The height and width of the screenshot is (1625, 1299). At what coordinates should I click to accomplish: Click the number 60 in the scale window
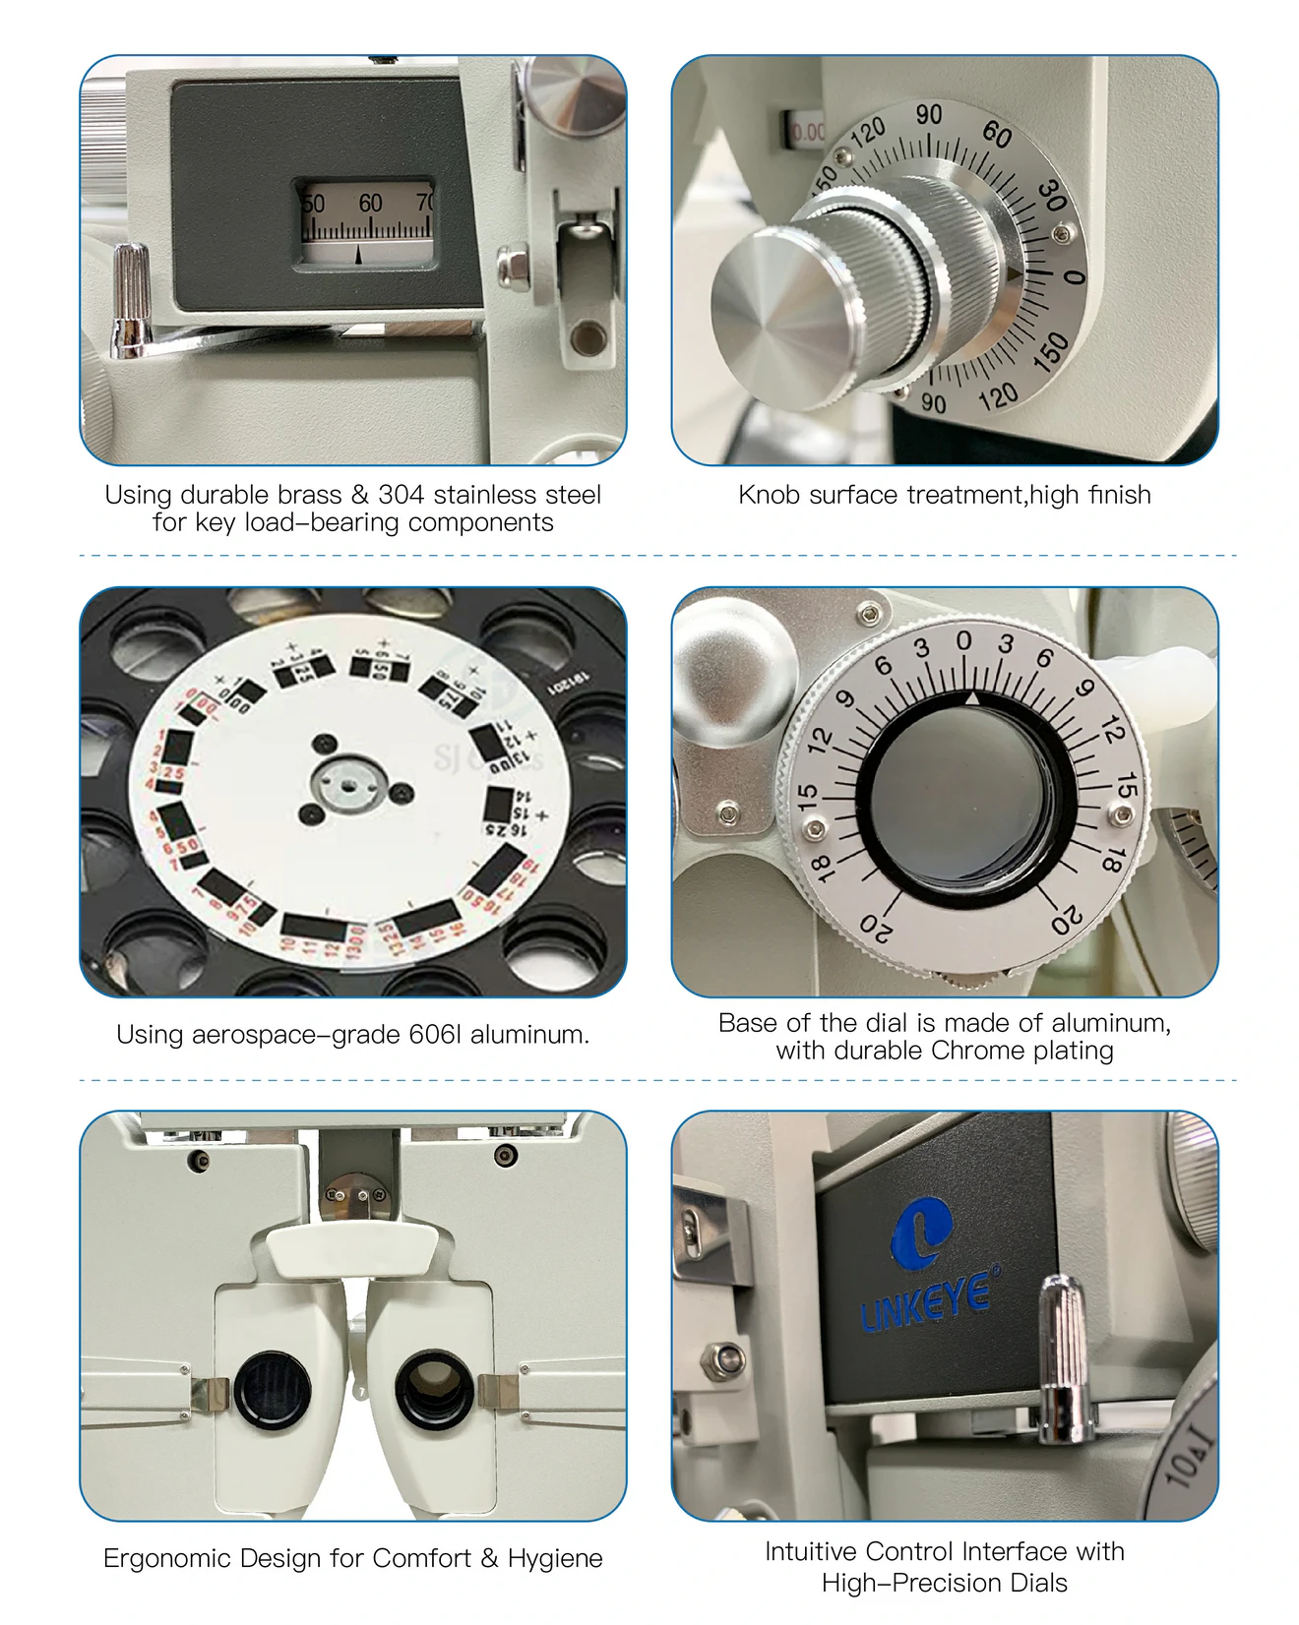pos(370,204)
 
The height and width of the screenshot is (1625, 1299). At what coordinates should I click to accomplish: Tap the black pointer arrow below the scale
pos(358,255)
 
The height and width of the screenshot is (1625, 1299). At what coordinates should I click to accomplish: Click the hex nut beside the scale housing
pos(512,268)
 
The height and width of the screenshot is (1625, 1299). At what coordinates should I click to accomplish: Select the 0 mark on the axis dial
pos(1075,277)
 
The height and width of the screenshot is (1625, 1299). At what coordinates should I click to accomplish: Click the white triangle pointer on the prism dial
pos(971,697)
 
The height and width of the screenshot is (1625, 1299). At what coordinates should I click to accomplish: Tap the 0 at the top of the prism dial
pos(963,641)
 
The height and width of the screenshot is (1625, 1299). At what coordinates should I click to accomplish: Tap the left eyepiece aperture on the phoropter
pos(273,1390)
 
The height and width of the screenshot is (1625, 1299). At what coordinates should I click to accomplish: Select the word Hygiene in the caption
pos(555,1559)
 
